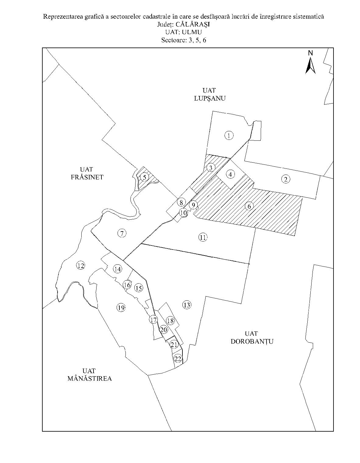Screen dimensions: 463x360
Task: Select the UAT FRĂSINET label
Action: pos(87,173)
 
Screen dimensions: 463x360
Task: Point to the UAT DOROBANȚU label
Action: pos(252,338)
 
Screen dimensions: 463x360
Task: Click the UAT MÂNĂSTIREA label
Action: pos(89,375)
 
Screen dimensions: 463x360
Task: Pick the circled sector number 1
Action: pos(229,136)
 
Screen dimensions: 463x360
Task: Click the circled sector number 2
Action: pos(285,179)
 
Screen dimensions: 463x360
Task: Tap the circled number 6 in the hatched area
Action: pos(249,207)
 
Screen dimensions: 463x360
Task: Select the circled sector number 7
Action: pos(122,234)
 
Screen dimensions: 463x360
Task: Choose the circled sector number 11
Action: pos(203,237)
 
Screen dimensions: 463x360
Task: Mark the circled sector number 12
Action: pos(80,266)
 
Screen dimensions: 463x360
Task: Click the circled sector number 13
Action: pos(187,305)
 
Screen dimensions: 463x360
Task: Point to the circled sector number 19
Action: pos(121,308)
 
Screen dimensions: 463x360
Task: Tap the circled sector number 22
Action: pos(178,359)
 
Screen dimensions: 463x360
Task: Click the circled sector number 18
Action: pos(170,320)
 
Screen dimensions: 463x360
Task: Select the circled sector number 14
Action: pos(118,269)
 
